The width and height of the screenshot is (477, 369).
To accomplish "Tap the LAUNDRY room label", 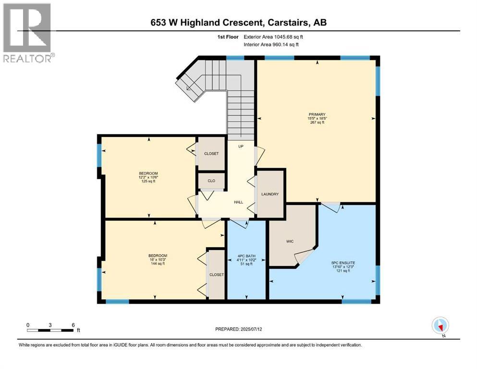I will (270, 194).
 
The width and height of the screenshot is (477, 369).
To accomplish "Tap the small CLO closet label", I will (211, 181).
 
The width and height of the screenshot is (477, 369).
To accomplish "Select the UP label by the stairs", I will (240, 146).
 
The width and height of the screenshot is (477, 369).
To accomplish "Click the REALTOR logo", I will (28, 32).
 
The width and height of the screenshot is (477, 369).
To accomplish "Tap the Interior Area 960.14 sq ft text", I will (271, 44).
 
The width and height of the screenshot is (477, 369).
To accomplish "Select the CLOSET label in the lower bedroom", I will (216, 275).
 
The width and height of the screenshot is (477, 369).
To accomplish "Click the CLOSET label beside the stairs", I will (211, 154).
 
